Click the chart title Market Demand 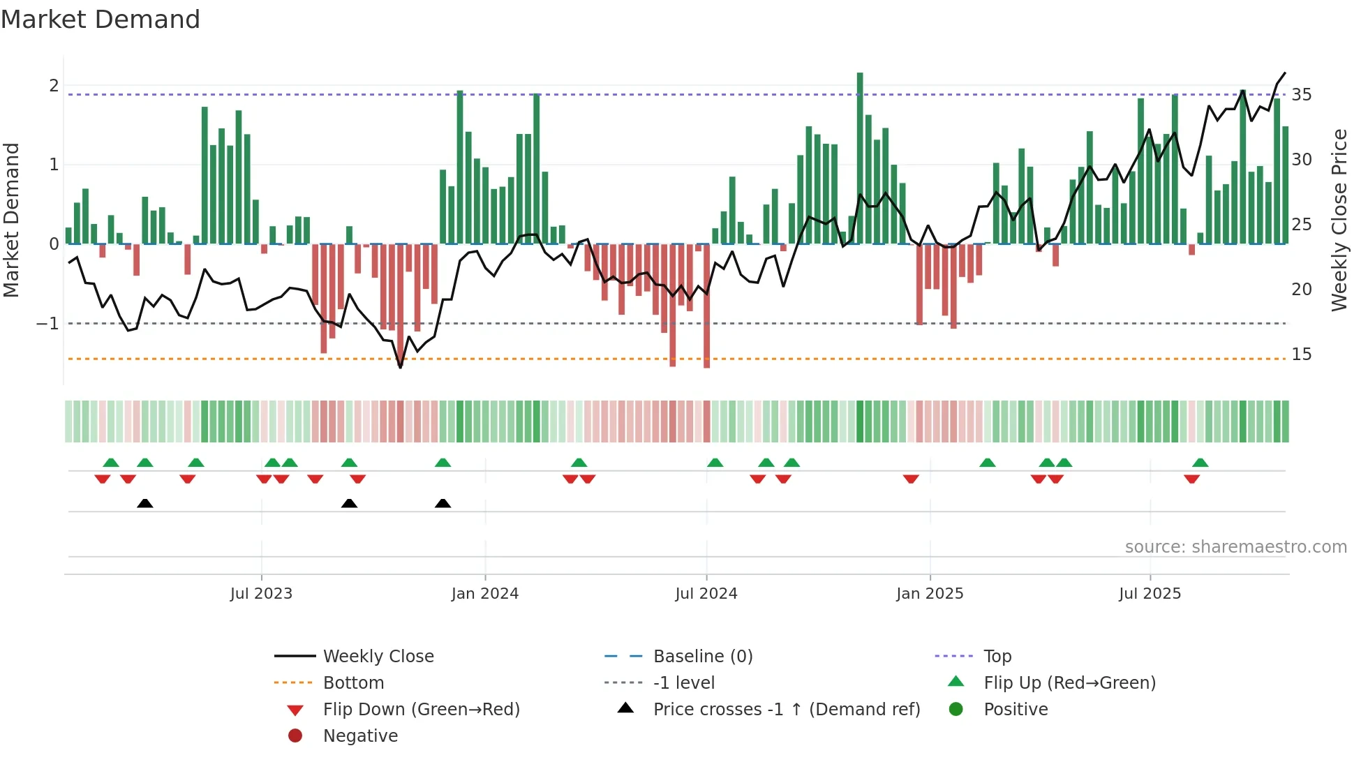(101, 20)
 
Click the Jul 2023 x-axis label (261, 594)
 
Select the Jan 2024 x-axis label (485, 594)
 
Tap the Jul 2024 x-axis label (706, 594)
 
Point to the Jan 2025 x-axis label (930, 594)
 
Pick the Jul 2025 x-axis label (1150, 594)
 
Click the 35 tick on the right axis (1301, 94)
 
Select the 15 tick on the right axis (1301, 354)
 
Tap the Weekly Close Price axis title (1339, 220)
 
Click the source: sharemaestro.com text (1235, 547)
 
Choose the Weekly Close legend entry (378, 657)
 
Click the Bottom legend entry (353, 683)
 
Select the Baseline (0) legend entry (702, 657)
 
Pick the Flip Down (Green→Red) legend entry (421, 710)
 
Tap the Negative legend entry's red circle (295, 736)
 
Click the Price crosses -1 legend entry (786, 710)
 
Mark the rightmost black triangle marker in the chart (443, 503)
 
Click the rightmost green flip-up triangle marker (1200, 463)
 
